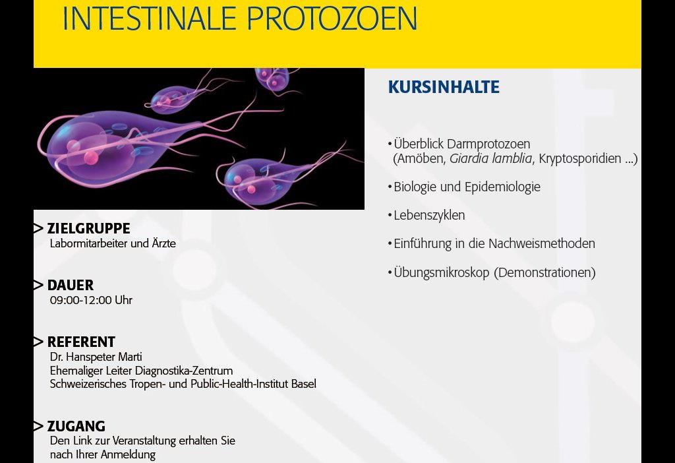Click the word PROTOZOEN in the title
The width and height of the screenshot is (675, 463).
click(332, 18)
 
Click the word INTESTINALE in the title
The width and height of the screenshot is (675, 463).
click(150, 18)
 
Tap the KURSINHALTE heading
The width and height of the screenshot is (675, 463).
click(444, 87)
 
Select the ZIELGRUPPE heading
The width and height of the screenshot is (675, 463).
click(89, 228)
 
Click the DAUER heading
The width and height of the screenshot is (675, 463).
click(71, 285)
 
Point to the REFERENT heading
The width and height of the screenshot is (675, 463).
click(81, 342)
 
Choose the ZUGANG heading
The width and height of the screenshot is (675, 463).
click(76, 426)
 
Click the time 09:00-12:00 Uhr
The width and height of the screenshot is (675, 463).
click(91, 300)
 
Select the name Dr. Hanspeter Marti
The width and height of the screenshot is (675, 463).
click(96, 357)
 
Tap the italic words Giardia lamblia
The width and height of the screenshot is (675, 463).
click(490, 158)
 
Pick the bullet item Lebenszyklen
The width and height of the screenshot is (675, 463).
click(429, 216)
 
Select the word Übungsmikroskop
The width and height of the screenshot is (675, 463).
click(442, 273)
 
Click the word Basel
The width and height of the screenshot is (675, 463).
click(303, 384)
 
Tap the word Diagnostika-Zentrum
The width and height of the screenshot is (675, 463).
click(184, 371)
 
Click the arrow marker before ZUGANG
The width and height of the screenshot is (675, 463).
click(38, 426)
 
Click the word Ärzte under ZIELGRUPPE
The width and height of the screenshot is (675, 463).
click(163, 243)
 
